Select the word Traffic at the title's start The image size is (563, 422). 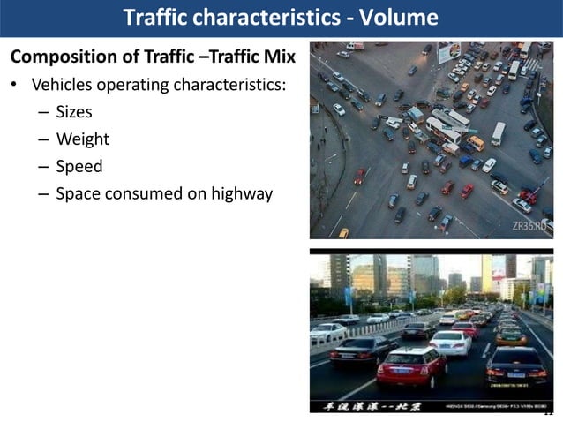[158, 18]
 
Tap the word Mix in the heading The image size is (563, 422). [276, 57]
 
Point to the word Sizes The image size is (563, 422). [74, 112]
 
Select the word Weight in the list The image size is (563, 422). [82, 139]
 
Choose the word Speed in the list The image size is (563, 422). [79, 166]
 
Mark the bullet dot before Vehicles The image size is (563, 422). [14, 87]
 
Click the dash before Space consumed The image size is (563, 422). [43, 193]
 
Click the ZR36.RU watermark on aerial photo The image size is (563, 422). [530, 226]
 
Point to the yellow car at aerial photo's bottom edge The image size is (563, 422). [343, 233]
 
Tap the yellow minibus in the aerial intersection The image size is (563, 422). [476, 143]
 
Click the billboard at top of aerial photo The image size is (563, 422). [449, 53]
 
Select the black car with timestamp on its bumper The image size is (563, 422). [517, 365]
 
